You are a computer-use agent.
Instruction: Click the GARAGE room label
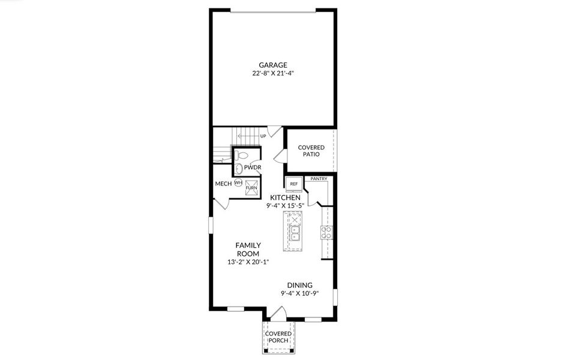pos(273,65)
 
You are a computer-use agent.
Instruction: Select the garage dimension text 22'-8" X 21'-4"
pos(273,73)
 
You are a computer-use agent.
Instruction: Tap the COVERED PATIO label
pos(311,151)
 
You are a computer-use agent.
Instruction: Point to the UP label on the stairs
pos(263,136)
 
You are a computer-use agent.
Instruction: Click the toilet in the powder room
pos(239,168)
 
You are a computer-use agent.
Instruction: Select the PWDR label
pos(252,167)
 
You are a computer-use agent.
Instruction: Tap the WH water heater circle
pos(238,182)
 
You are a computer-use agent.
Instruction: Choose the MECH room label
pos(223,183)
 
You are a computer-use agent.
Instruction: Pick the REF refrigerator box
pos(293,184)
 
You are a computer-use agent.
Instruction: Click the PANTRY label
pos(318,178)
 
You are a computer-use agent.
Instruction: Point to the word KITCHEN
pos(285,197)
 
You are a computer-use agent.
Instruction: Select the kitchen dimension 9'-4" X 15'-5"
pos(285,205)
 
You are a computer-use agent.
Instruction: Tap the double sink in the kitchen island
pos(295,232)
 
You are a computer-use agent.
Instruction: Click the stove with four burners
pos(327,232)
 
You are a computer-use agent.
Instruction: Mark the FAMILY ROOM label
pos(247,249)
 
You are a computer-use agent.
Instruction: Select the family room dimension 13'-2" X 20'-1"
pos(247,262)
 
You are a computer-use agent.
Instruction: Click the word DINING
pos(299,286)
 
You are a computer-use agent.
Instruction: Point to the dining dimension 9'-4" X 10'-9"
pos(299,294)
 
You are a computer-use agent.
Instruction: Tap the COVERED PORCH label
pos(278,337)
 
